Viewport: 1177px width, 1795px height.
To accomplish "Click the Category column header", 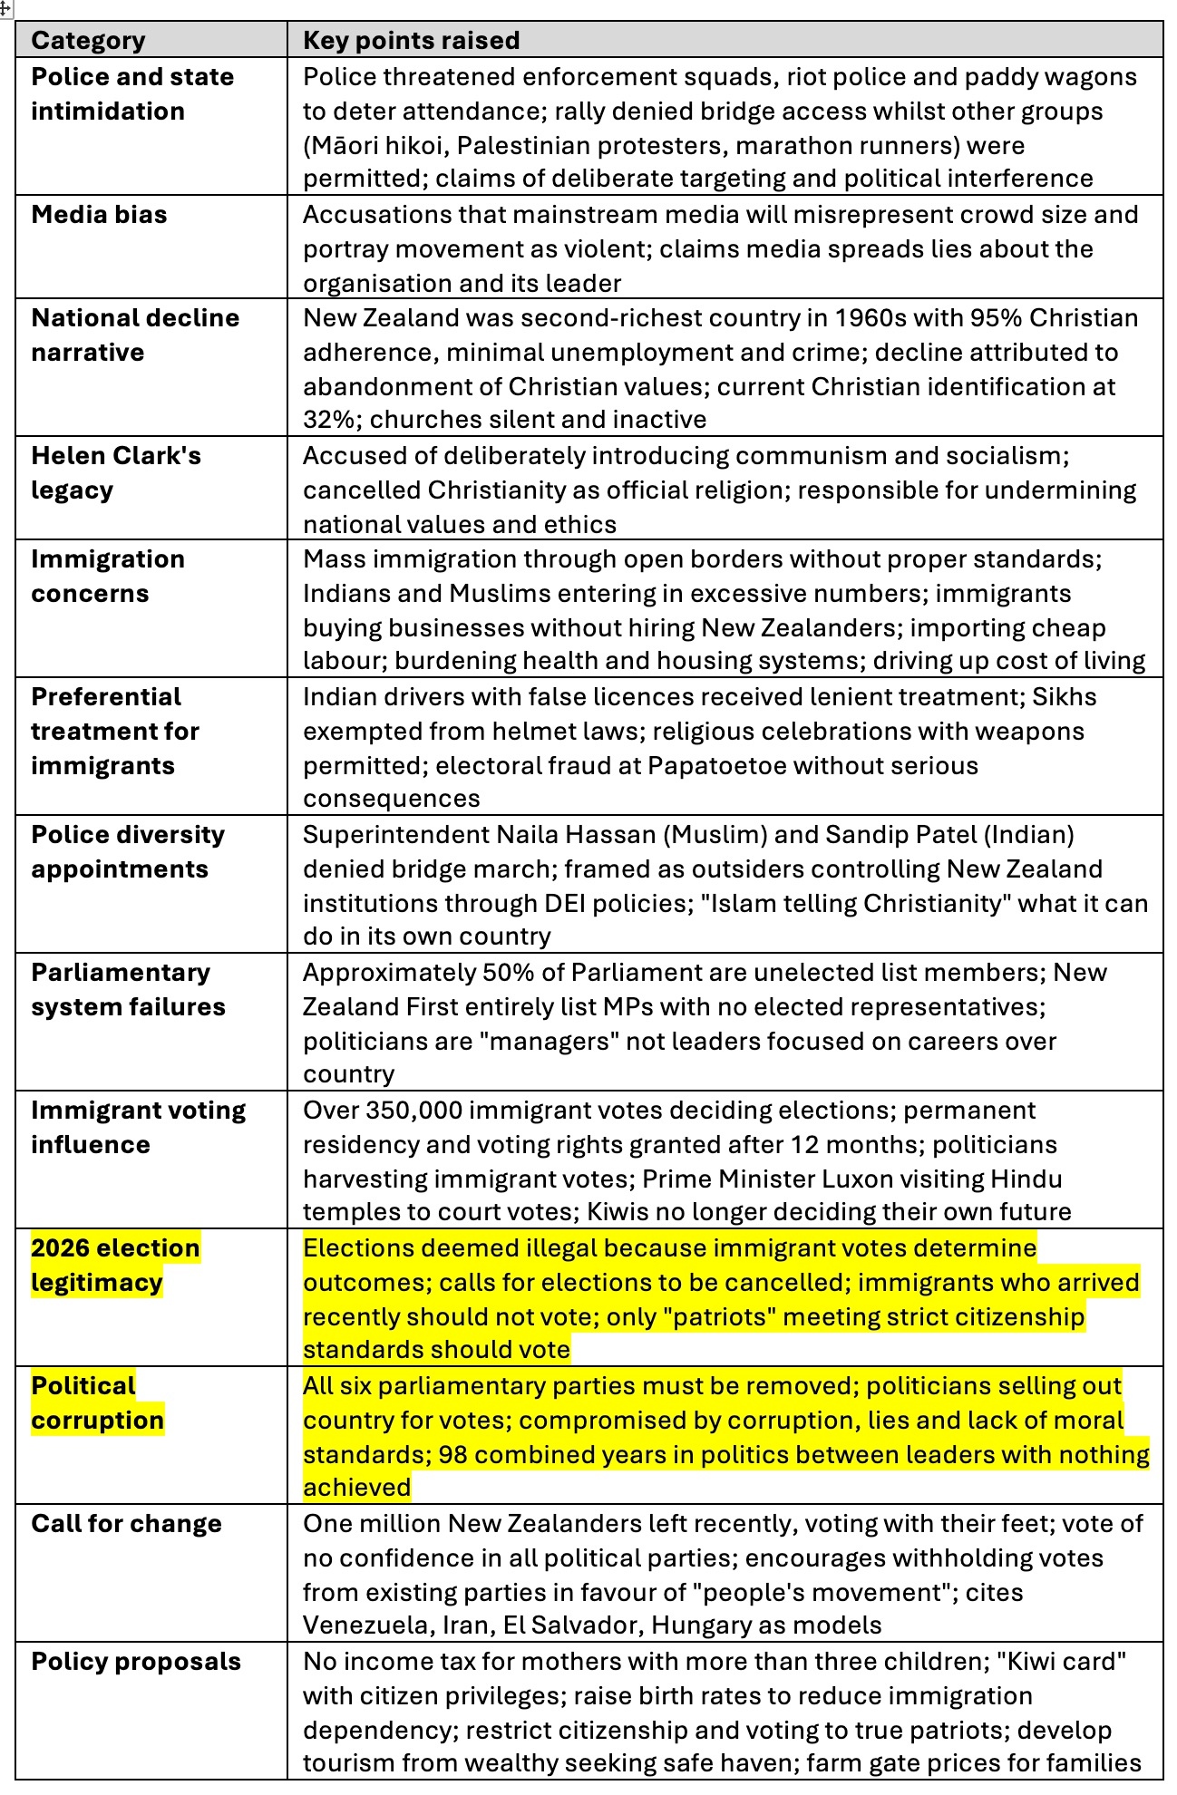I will point(88,41).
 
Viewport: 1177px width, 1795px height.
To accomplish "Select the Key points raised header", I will point(411,41).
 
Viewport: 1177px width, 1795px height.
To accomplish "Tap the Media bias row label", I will point(99,215).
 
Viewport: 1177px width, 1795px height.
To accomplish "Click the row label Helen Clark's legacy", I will point(115,472).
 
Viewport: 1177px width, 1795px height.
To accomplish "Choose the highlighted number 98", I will point(452,1455).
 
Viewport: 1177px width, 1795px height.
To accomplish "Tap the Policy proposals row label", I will point(136,1662).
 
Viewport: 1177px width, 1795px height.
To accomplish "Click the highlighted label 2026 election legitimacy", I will point(115,1265).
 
